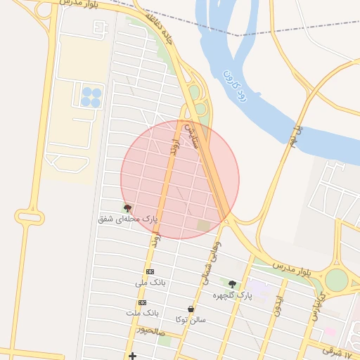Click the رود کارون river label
pos(234,84)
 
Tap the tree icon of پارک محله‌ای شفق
pos(127,208)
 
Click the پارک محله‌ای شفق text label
pos(128,219)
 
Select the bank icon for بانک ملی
pos(150,272)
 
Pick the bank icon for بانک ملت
pos(143,302)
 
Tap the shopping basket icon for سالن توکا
pos(191,309)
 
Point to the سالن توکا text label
pos(191,319)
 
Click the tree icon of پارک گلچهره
pos(232,284)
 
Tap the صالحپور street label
pos(151,329)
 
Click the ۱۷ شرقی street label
pos(340,348)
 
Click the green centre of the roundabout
pos(336,280)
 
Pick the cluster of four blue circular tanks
pos(91,97)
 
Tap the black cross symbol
pos(132,356)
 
